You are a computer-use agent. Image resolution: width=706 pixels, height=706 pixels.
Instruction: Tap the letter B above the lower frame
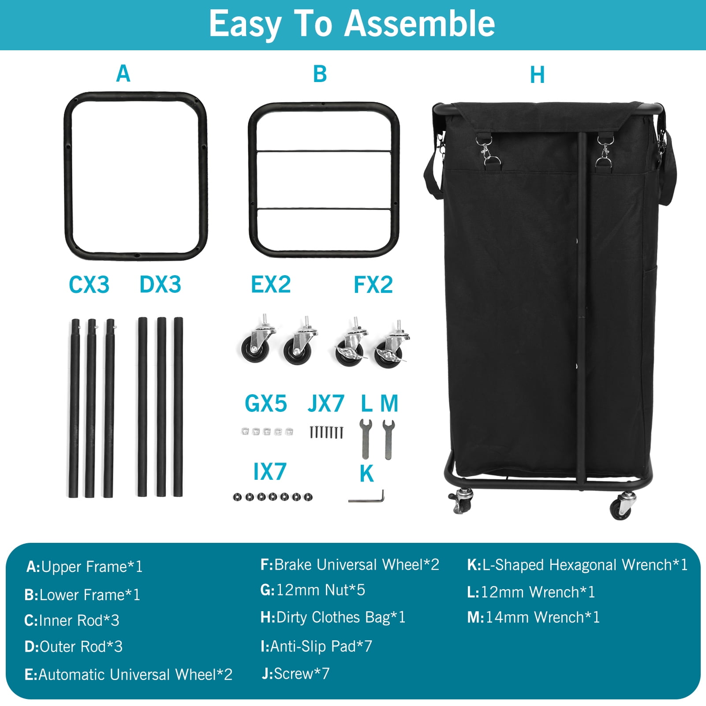click(320, 74)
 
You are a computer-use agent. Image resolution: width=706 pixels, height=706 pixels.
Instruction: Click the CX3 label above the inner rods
click(89, 284)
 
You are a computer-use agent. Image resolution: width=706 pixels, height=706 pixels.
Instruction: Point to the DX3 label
click(161, 284)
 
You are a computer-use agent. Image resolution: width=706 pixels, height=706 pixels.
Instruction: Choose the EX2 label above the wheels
click(271, 284)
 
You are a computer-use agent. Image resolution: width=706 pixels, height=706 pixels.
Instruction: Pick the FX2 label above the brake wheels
click(373, 284)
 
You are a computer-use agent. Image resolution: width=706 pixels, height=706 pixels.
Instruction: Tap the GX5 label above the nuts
click(266, 403)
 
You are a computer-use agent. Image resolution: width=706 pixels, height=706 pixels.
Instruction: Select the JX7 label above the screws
click(326, 403)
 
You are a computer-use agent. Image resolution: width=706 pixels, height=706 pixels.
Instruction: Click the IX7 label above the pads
click(270, 472)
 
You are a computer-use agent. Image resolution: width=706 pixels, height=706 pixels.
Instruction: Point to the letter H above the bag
click(537, 75)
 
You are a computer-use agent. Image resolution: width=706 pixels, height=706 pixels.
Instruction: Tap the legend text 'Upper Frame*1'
click(92, 567)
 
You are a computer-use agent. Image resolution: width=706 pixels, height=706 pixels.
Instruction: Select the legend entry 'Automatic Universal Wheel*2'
click(128, 674)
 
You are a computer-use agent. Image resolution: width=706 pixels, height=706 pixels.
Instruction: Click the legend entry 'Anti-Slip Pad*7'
click(316, 646)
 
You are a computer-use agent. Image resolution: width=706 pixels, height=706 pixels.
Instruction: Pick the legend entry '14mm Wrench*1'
click(534, 617)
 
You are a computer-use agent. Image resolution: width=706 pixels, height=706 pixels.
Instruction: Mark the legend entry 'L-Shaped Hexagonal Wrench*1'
click(577, 565)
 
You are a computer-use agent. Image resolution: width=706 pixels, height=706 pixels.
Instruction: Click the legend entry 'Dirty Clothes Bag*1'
click(333, 617)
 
